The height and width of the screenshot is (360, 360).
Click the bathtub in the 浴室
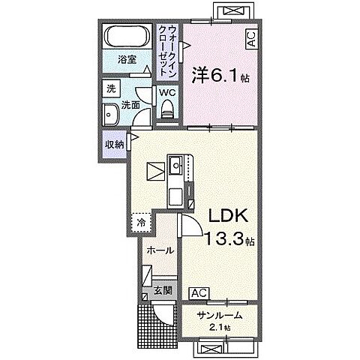(x=127, y=36)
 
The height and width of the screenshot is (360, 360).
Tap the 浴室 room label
(x=127, y=60)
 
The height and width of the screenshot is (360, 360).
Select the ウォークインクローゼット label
(x=168, y=51)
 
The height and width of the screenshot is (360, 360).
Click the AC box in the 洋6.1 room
(x=251, y=38)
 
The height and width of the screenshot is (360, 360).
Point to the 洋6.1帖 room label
(x=220, y=75)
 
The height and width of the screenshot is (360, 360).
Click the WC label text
(x=168, y=92)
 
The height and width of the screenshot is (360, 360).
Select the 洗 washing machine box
(x=111, y=89)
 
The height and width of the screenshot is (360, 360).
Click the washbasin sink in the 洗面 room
(x=110, y=115)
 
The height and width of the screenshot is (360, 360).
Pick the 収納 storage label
(x=115, y=145)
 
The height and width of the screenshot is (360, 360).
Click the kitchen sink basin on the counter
(x=176, y=165)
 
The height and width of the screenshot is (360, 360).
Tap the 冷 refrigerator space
(x=141, y=223)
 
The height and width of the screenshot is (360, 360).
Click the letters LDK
(x=228, y=215)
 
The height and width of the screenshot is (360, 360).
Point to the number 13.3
(x=223, y=238)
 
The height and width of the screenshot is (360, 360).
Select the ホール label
(x=160, y=250)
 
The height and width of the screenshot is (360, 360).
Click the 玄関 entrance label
(x=163, y=290)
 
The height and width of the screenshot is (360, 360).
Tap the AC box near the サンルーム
(x=199, y=293)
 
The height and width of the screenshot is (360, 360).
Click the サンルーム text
(x=220, y=316)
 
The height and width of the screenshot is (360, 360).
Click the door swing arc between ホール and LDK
(x=196, y=222)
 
